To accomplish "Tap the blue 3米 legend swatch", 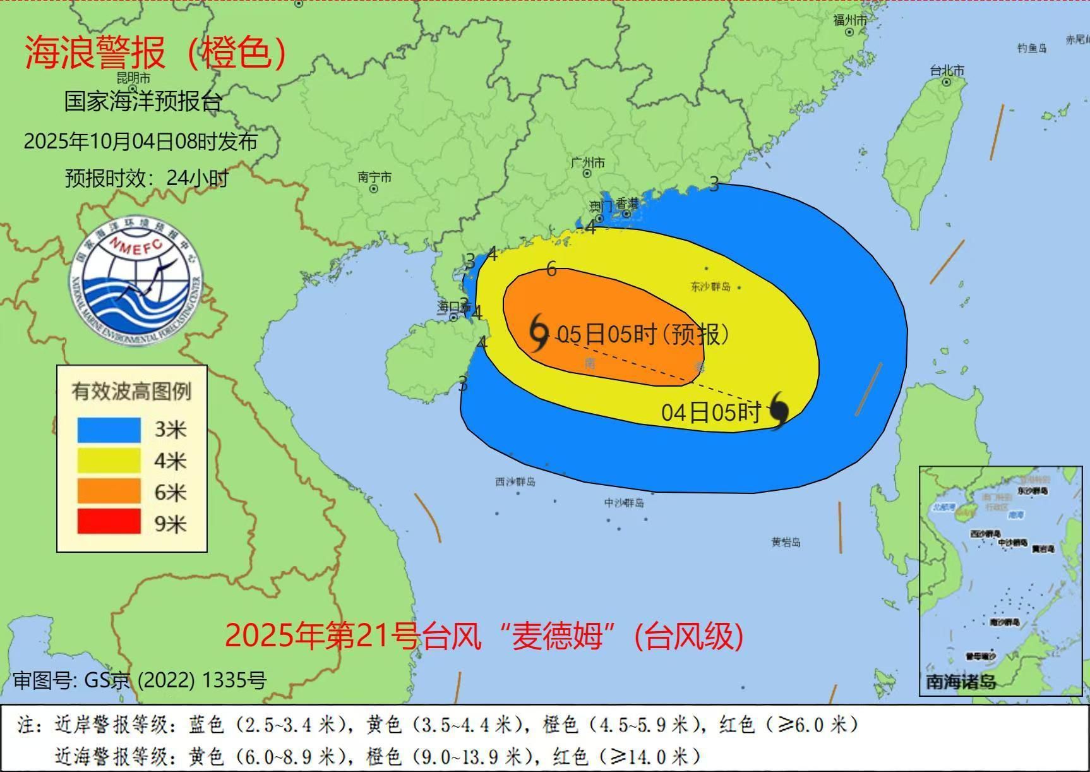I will (109, 430).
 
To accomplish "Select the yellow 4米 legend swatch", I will (109, 461).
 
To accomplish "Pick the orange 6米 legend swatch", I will (109, 492).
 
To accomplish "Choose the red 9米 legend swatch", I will (109, 522).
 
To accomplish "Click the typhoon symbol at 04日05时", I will (779, 410).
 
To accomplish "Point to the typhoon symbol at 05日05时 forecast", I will (539, 333).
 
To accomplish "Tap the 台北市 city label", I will (947, 71).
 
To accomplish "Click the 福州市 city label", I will (849, 20).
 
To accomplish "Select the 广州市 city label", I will (587, 163).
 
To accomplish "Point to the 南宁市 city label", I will (374, 178).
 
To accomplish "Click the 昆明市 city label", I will (134, 78).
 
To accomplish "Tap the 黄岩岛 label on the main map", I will (786, 542).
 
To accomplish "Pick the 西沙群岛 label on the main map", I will (515, 481).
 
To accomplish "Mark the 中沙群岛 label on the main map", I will (624, 503).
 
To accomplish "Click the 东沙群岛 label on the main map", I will (710, 287).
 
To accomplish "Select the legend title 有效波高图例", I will (131, 392).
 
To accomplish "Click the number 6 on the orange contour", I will (551, 270).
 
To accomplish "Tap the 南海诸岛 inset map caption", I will (961, 682).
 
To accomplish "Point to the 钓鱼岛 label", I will (1032, 48).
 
